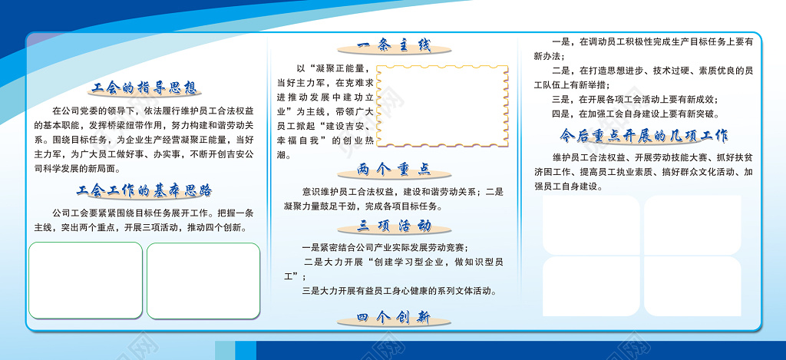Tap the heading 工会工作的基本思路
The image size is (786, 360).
pyautogui.click(x=145, y=190)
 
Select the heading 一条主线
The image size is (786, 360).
pyautogui.click(x=395, y=45)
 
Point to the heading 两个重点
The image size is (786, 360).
pyautogui.click(x=395, y=170)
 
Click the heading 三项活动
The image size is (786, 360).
pyautogui.click(x=395, y=226)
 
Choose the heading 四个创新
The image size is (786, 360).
pyautogui.click(x=395, y=318)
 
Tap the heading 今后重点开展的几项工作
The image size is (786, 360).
pyautogui.click(x=644, y=136)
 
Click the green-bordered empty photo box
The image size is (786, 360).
pyautogui.click(x=85, y=280)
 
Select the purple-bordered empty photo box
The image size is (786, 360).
pyautogui.click(x=203, y=280)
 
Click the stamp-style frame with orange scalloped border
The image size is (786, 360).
pyautogui.click(x=443, y=106)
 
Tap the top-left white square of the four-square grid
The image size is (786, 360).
pyautogui.click(x=591, y=224)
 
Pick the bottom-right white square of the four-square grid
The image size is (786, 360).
pyautogui.click(x=692, y=286)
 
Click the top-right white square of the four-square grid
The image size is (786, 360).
pyautogui.click(x=692, y=224)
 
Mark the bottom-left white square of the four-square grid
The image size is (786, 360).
pyautogui.click(x=591, y=286)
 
